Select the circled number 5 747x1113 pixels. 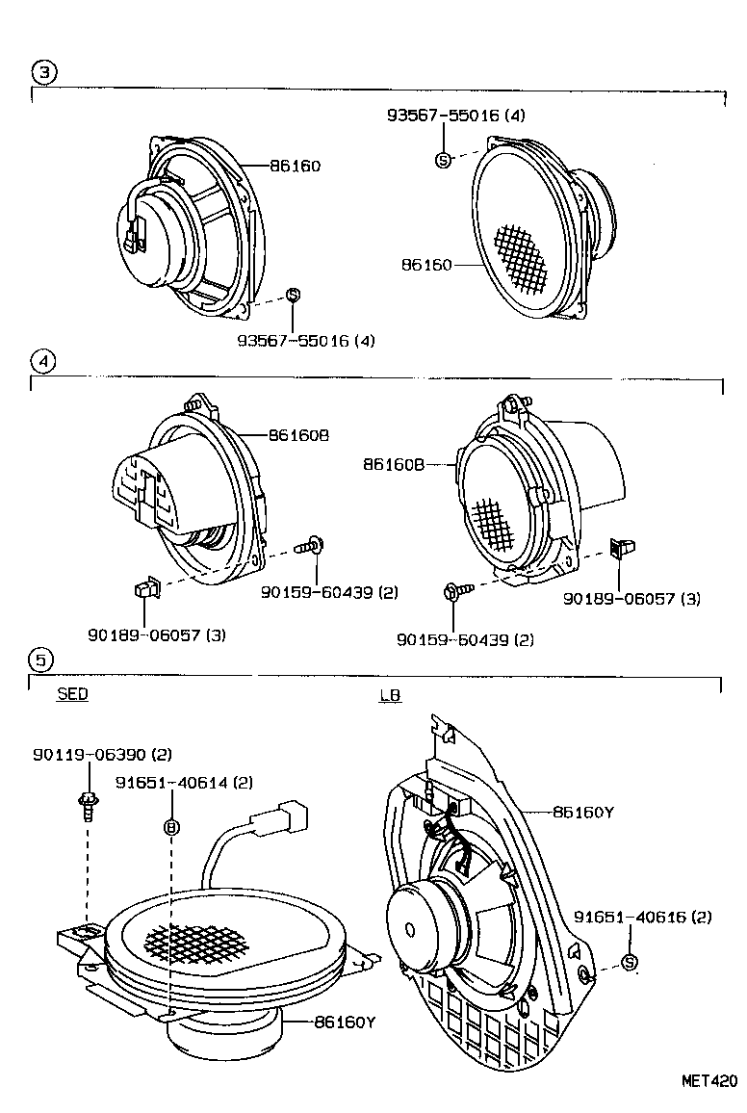[x=41, y=660]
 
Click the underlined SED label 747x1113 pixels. [x=72, y=694]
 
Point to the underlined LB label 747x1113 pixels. [x=390, y=695]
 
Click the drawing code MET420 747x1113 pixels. [x=710, y=1080]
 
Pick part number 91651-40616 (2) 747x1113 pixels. [x=642, y=918]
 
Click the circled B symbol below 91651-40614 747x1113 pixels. [x=171, y=826]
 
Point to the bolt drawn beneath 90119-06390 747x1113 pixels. [x=88, y=804]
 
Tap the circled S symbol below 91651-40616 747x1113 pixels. [x=630, y=962]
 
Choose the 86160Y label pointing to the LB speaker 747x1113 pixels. [x=583, y=813]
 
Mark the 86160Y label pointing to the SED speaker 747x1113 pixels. [x=344, y=1022]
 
